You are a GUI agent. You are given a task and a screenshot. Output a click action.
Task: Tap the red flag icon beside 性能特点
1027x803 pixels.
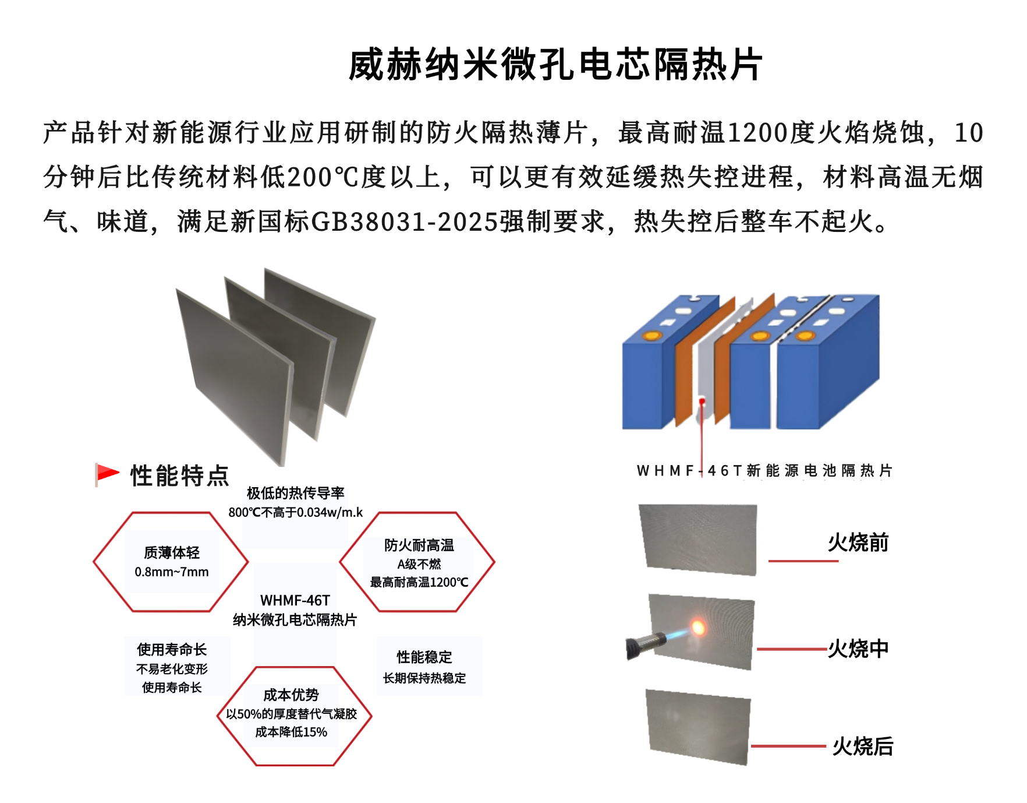point(107,474)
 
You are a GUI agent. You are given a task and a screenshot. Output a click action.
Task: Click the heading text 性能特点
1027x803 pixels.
point(179,476)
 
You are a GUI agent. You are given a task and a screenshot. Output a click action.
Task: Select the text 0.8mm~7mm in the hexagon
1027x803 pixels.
point(171,572)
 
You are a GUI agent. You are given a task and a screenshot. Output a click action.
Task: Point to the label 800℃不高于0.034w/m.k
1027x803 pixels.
point(295,512)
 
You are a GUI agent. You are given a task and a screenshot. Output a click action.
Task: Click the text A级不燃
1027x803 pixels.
point(419,564)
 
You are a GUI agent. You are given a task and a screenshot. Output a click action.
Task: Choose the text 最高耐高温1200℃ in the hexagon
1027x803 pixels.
point(419,582)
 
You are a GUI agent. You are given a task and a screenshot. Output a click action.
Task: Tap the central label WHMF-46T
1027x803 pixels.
point(295,600)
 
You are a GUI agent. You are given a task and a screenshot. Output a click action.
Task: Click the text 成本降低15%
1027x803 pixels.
point(291,732)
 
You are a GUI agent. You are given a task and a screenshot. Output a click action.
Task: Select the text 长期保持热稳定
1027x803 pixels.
point(424,678)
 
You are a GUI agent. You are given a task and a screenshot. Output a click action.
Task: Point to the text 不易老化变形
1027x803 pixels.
point(171,669)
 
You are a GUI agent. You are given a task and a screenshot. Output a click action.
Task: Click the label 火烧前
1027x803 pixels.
point(858,543)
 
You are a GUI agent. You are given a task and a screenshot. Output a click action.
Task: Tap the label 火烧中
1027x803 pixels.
point(858,649)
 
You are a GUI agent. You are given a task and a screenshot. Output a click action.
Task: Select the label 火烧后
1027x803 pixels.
point(862,746)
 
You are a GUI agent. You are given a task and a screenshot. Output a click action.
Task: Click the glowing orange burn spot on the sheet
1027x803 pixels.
point(697,627)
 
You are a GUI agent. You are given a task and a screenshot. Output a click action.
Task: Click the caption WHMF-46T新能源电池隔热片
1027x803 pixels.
point(764,470)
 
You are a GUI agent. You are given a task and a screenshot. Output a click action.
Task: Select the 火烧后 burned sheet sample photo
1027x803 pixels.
point(698,726)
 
